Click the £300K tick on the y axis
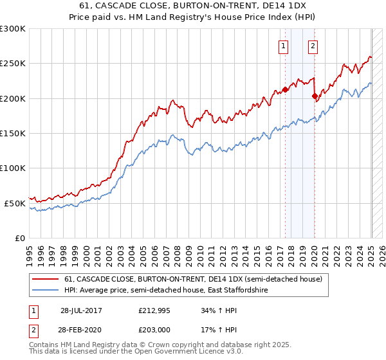(13, 29)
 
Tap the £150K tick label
(13, 134)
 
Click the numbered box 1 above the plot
(284, 46)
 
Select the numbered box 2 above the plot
(313, 46)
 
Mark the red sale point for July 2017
(285, 89)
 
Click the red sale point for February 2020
(315, 96)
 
